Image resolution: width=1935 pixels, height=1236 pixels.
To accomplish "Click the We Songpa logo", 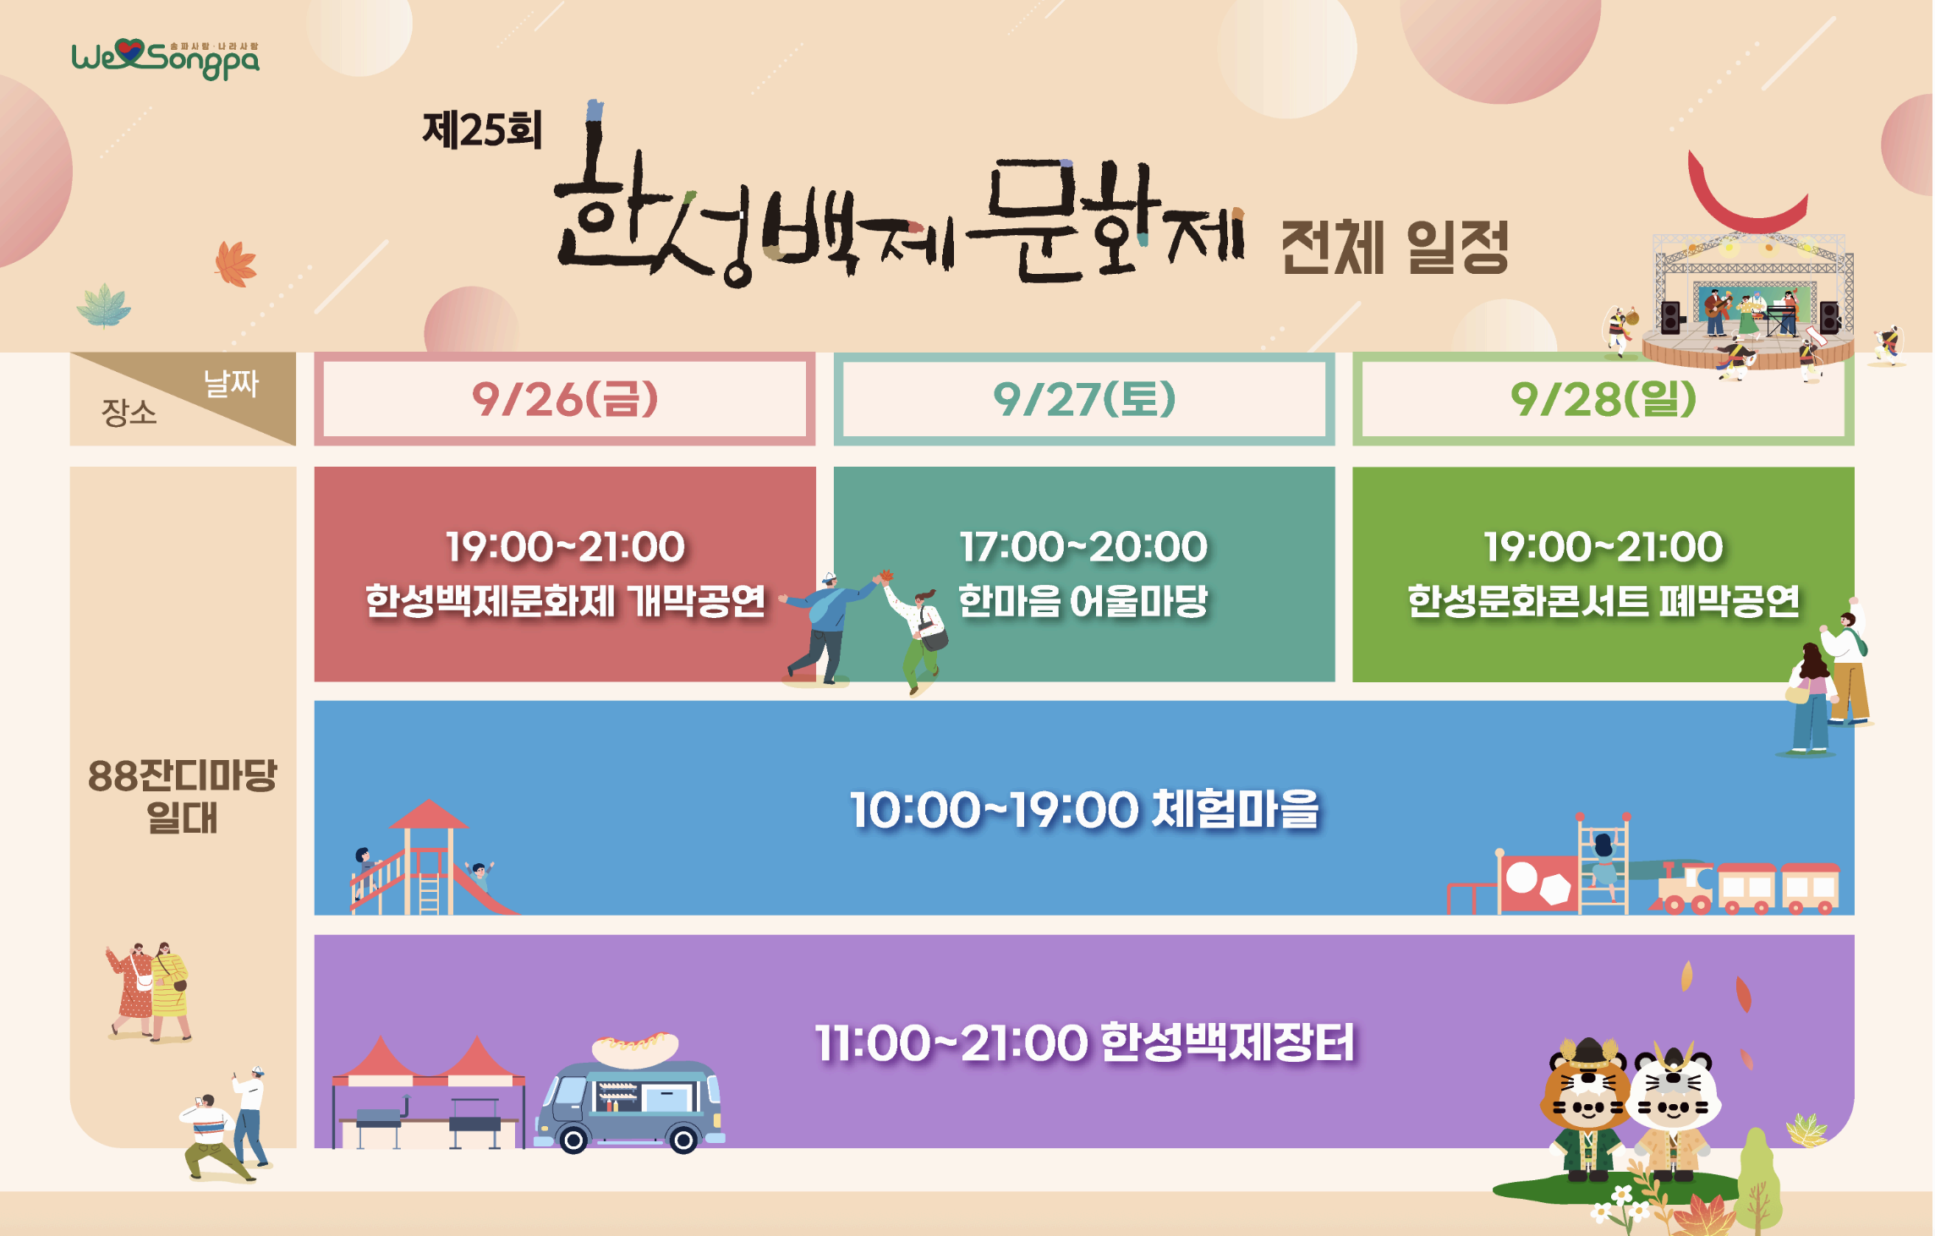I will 165,58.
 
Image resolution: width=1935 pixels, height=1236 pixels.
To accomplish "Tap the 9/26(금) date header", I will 564,399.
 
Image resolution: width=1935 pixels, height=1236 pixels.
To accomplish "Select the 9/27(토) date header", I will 1083,399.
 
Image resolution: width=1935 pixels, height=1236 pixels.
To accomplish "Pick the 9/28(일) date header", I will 1603,399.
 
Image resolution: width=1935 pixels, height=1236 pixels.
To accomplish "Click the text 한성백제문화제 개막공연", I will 564,602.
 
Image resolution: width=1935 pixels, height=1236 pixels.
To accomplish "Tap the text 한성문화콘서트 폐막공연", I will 1603,602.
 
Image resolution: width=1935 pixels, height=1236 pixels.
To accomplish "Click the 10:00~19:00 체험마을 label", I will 1083,809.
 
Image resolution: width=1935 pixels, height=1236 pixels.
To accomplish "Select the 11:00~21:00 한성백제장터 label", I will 1083,1042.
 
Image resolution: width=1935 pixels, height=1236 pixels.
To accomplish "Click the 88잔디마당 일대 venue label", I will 182,796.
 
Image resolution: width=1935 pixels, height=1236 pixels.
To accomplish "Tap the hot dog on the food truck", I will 635,1048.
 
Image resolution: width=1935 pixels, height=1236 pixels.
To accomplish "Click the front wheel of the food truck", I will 573,1140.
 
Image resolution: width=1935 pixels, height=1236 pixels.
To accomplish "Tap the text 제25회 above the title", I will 481,131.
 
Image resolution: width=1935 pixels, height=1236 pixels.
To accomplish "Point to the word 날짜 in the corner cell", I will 230,383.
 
